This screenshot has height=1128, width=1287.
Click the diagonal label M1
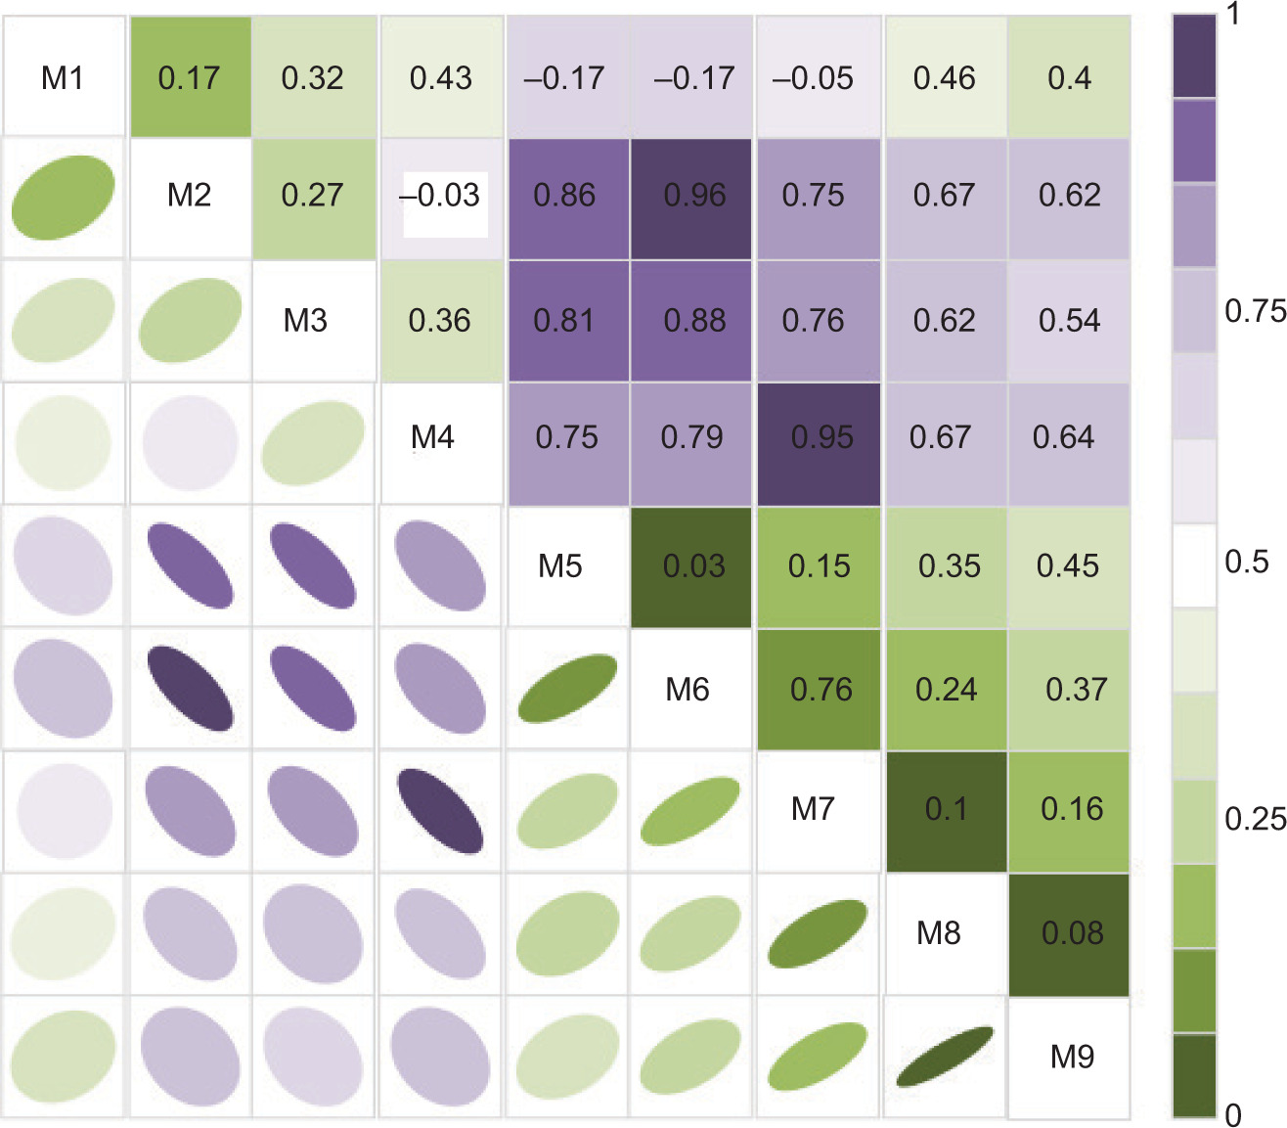(x=63, y=77)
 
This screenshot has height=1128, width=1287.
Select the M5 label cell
(x=560, y=565)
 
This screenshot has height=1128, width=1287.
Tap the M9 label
(x=1072, y=1057)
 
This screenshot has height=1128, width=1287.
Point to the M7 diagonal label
(x=813, y=809)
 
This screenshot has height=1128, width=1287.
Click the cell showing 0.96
(x=694, y=196)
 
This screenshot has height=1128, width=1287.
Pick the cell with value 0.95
(x=821, y=437)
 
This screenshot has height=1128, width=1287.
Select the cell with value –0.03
(x=440, y=196)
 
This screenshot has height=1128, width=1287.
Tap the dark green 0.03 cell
(x=692, y=565)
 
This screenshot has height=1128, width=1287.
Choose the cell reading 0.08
(x=1072, y=933)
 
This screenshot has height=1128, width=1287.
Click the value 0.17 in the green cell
(x=189, y=77)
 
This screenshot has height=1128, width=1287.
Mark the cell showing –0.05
(x=813, y=77)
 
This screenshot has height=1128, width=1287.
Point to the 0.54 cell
(x=1069, y=320)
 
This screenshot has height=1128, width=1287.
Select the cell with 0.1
(x=946, y=809)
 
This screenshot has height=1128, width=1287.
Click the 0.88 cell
(x=694, y=320)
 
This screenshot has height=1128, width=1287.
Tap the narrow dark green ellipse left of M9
(x=945, y=1057)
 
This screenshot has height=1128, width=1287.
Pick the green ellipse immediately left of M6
(x=567, y=689)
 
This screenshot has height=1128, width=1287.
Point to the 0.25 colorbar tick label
(x=1255, y=818)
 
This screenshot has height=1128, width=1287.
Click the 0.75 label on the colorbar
(x=1255, y=311)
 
